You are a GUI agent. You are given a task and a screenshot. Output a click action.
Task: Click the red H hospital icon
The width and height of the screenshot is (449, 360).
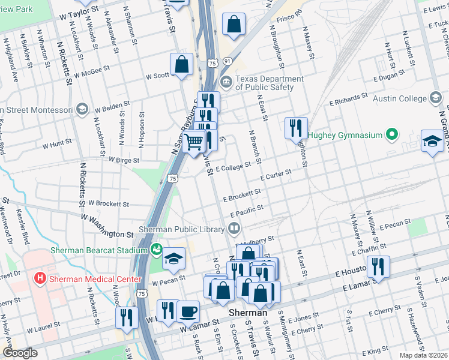[40, 278]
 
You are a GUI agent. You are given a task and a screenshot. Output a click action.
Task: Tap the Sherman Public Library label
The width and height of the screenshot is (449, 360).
[182, 229]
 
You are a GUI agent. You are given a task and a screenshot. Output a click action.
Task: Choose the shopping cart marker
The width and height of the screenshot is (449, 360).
[194, 143]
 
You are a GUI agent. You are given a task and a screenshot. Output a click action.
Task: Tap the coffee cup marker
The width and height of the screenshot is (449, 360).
[188, 310]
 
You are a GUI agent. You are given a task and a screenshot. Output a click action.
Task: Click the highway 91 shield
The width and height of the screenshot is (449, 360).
[226, 61]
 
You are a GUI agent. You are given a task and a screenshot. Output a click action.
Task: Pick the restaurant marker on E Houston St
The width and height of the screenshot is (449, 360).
[378, 266]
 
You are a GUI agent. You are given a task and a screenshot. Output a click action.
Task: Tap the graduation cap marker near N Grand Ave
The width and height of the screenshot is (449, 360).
[432, 140]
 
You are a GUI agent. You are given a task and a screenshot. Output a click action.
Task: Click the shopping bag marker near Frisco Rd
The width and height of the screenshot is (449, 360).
[234, 25]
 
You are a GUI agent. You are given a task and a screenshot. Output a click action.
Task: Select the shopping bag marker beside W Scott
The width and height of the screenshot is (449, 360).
[181, 64]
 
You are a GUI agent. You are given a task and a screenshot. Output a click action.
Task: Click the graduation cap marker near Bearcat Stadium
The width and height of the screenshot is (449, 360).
[173, 258]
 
